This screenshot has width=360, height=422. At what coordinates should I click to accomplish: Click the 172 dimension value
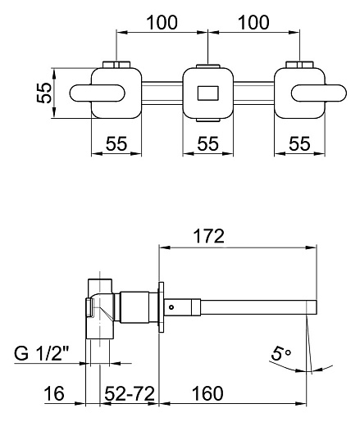point(208,236)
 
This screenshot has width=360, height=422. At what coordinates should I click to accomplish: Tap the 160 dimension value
point(207,393)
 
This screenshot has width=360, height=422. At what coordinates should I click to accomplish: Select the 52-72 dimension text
point(130,393)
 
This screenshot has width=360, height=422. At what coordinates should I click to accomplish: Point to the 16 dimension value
point(54,393)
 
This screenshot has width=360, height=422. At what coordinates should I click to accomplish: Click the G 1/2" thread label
point(42,354)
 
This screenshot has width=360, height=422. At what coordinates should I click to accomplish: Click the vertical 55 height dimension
point(44,93)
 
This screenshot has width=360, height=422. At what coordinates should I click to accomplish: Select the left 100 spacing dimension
point(162,22)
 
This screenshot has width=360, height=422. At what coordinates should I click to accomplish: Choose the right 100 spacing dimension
point(253,22)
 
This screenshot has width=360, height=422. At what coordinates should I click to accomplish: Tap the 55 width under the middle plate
point(208,143)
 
